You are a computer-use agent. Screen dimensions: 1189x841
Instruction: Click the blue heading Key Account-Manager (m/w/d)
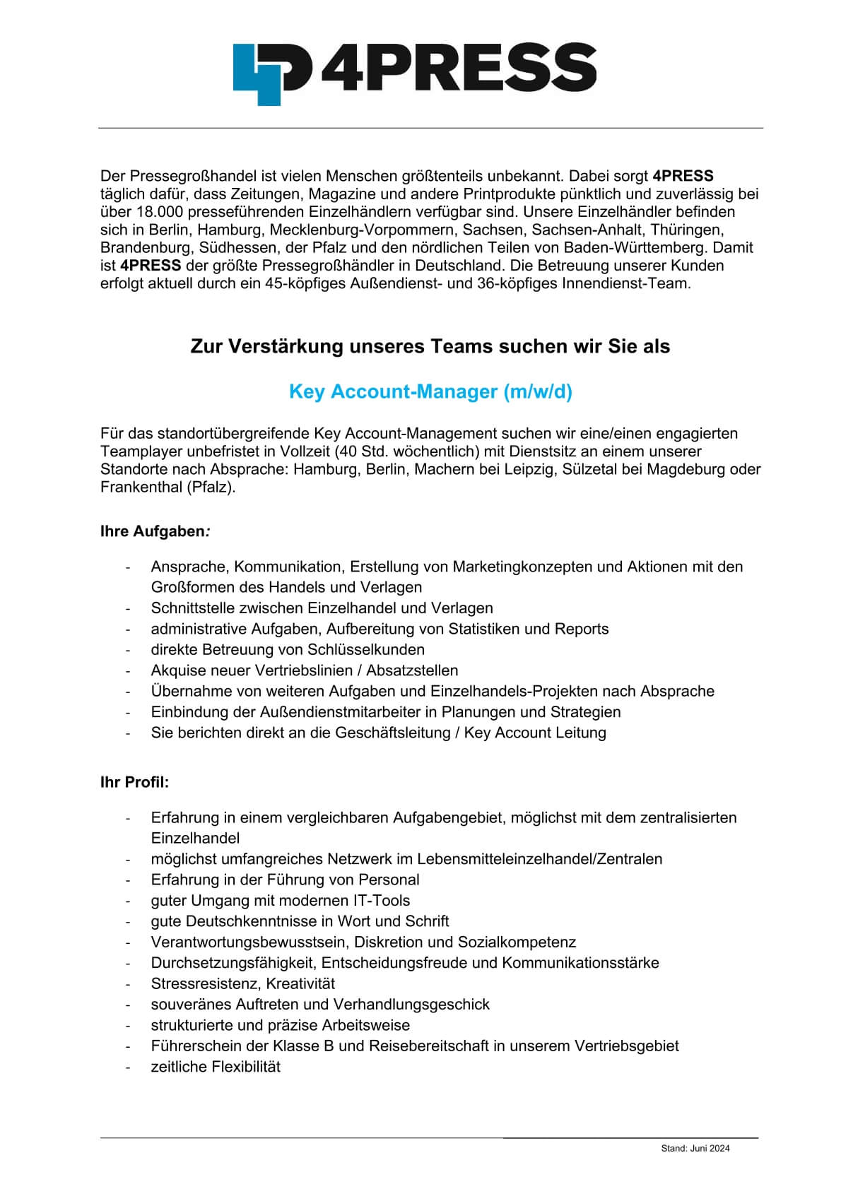tap(430, 391)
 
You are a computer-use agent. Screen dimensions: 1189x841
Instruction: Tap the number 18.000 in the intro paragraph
tap(151, 211)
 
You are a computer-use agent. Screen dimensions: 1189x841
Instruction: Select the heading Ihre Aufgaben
tap(154, 531)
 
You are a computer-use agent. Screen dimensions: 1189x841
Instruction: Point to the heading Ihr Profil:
tap(134, 782)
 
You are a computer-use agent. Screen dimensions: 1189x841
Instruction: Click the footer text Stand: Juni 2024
tap(695, 1148)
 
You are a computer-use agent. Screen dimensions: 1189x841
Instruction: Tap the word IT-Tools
tap(382, 900)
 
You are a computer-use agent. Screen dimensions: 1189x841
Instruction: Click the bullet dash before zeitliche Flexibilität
tap(128, 1067)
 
